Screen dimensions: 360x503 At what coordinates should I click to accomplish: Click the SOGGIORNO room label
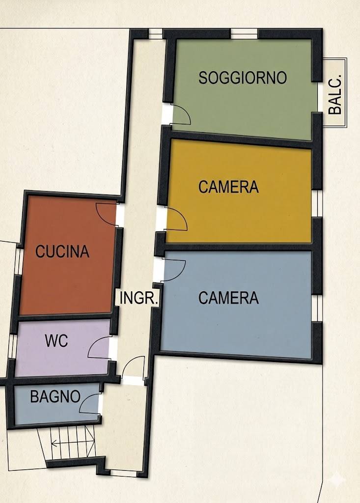click(243, 78)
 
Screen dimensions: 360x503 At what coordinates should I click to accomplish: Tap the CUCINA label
click(62, 251)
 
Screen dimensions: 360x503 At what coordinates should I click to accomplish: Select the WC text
click(56, 340)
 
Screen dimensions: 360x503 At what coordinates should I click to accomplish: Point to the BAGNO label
click(55, 396)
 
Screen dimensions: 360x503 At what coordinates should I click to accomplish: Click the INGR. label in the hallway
click(139, 298)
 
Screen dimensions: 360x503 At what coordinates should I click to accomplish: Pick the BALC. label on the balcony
click(335, 95)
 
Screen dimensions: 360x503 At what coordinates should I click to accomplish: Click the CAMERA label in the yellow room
click(228, 187)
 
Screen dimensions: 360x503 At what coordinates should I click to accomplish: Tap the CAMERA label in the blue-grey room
click(228, 298)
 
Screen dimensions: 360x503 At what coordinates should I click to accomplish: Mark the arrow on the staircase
click(73, 444)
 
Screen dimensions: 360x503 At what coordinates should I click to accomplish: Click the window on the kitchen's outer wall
click(19, 260)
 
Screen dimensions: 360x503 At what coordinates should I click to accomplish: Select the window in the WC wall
click(12, 346)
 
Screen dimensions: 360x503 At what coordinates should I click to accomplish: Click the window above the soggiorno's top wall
click(244, 34)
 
